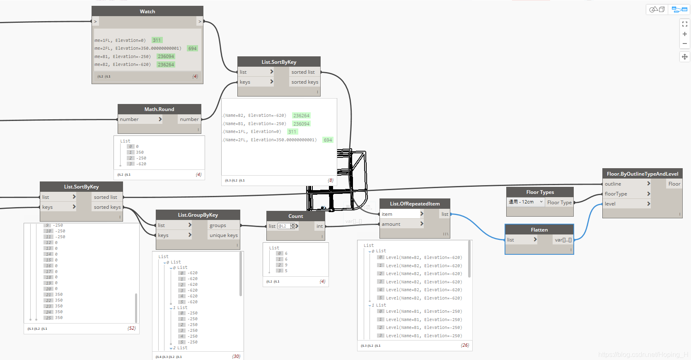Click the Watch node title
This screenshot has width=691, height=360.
147,12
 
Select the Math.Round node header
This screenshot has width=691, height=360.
159,109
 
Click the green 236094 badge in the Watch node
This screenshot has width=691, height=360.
166,56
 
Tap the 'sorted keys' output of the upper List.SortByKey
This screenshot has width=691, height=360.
304,82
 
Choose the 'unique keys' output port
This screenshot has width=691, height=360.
223,235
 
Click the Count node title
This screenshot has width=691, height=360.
295,216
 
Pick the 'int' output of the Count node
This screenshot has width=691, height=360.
319,226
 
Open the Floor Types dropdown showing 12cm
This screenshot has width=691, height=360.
525,202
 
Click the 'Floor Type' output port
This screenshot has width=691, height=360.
559,203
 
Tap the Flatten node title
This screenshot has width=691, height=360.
539,230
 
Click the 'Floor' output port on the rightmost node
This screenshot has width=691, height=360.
674,184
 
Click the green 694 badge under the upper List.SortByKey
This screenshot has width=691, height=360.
328,140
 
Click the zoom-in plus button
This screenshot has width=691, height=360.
685,34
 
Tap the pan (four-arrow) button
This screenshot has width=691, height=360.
685,57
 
